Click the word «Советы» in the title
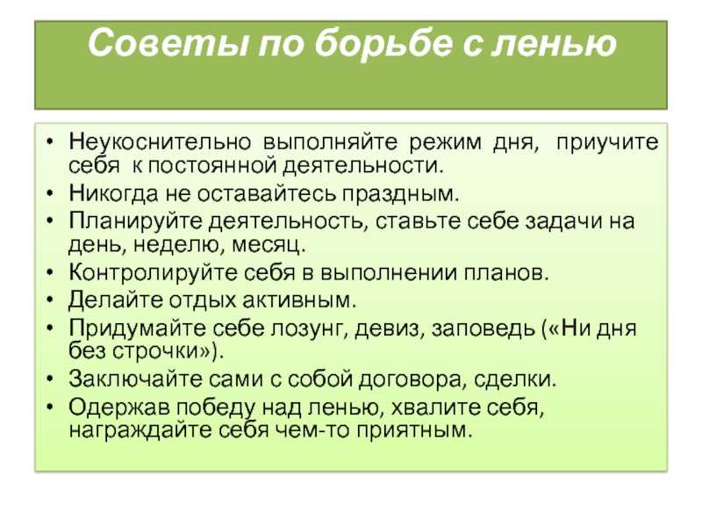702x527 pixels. point(168,42)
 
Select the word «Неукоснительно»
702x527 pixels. point(160,142)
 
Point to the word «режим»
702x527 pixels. point(446,143)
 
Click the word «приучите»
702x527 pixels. point(607,143)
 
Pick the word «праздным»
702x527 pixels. point(401,194)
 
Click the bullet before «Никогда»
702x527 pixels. point(50,193)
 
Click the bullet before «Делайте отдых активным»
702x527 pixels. point(50,299)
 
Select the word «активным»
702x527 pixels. point(299,300)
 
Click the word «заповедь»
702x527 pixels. point(484,328)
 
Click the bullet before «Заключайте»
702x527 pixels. point(50,379)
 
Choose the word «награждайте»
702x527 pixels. point(141,431)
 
